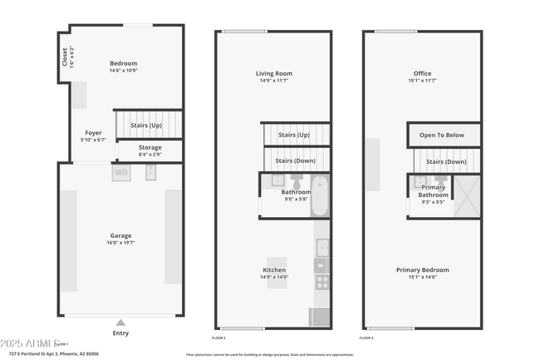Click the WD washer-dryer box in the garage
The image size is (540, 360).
click(121, 173)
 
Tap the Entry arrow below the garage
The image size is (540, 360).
click(121, 323)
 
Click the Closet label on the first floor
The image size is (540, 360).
click(65, 57)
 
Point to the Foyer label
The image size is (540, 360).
click(94, 133)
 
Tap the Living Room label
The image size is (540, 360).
click(274, 74)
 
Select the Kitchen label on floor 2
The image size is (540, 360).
click(274, 271)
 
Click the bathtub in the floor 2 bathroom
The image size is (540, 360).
click(320, 196)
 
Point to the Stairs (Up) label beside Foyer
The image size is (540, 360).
click(146, 125)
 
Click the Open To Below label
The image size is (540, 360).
click(441, 135)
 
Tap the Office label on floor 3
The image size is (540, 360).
click(422, 74)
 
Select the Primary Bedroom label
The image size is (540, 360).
click(422, 270)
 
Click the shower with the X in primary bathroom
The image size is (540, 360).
click(468, 196)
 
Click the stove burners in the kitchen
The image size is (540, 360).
click(322, 282)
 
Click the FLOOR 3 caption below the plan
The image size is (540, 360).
click(366, 338)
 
